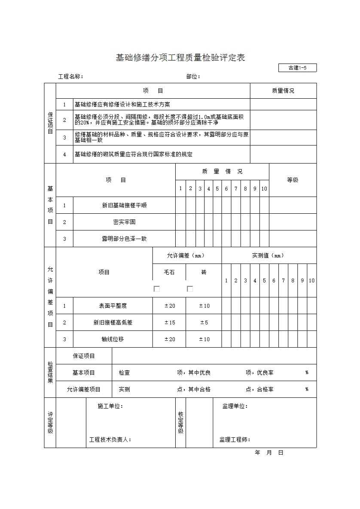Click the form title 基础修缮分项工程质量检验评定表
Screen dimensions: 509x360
[180, 58]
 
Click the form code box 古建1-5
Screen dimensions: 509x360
[297, 68]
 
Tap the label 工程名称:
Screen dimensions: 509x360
[70, 77]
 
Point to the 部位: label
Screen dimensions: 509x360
[193, 77]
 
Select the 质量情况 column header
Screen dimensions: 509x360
[283, 91]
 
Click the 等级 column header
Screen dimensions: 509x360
[293, 180]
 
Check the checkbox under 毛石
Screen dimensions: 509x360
[157, 289]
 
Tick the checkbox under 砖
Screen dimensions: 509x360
[190, 289]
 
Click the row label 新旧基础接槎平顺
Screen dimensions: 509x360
[124, 206]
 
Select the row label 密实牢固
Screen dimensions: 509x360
[124, 222]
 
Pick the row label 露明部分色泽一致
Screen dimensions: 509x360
[124, 239]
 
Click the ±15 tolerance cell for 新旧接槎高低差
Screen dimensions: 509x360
[170, 323]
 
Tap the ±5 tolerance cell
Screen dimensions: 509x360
[204, 323]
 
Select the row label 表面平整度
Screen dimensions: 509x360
[113, 306]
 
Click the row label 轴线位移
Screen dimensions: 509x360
[113, 339]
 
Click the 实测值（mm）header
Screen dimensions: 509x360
[268, 256]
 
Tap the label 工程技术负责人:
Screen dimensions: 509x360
[110, 439]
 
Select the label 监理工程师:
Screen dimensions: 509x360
[235, 439]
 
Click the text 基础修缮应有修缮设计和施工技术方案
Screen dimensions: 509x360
[122, 105]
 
